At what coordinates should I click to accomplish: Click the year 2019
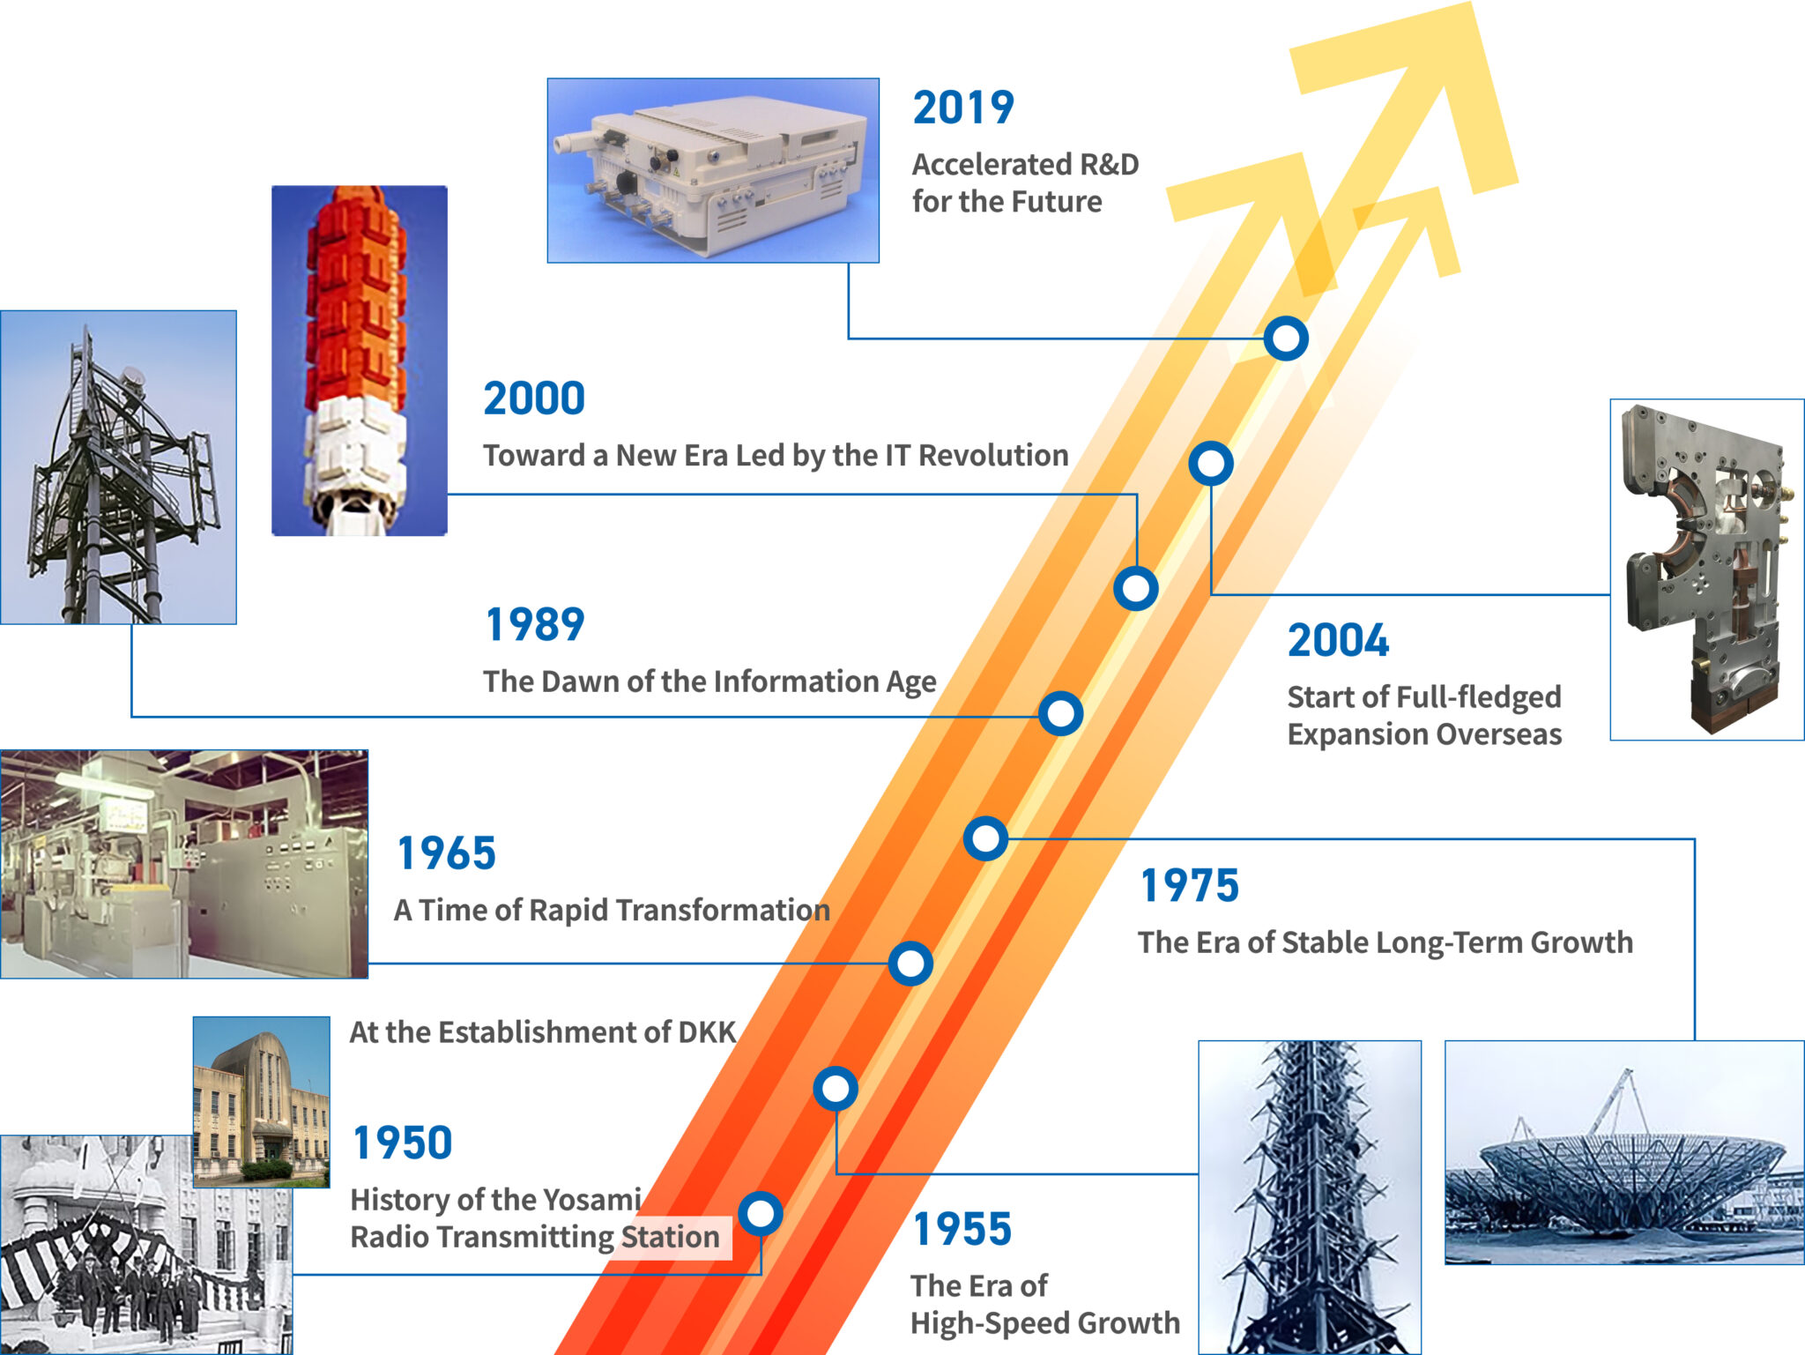coord(963,108)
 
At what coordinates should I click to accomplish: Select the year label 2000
coord(534,398)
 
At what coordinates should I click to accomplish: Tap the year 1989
coord(535,625)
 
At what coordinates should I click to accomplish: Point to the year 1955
coord(962,1230)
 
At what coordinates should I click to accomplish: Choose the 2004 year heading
coord(1338,641)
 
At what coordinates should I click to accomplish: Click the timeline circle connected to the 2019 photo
coord(1285,339)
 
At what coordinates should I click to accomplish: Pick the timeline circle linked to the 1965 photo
coord(910,964)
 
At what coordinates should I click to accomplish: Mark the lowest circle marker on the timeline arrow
coord(761,1214)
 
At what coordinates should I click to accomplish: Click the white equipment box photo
coord(712,170)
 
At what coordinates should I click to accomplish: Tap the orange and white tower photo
coord(359,361)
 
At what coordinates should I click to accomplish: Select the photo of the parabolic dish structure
coord(1623,1152)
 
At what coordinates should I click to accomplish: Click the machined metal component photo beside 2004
coord(1706,570)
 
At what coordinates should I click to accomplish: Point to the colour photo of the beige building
coord(261,1101)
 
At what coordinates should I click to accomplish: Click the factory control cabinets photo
coord(183,864)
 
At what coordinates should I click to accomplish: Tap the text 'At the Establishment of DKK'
coord(542,1032)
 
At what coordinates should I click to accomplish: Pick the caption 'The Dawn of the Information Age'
coord(709,682)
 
